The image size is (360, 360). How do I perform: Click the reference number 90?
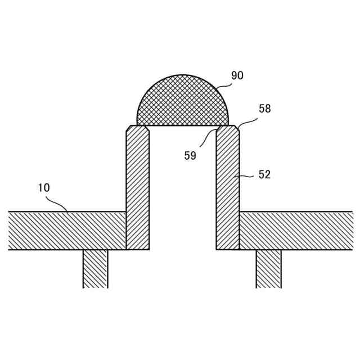tap(237, 75)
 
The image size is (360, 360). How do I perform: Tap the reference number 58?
tap(264, 109)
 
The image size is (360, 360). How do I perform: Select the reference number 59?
tap(190, 156)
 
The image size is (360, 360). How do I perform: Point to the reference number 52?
tap(264, 174)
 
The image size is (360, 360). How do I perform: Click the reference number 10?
tap(44, 188)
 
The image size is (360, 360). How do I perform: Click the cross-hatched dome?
tap(183, 104)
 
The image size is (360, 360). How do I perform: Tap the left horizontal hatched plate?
tap(67, 231)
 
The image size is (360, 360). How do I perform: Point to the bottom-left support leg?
tap(96, 269)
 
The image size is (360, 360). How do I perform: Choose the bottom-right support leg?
tap(269, 269)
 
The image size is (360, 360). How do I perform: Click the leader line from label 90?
tap(223, 86)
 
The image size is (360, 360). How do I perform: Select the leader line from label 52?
tap(247, 176)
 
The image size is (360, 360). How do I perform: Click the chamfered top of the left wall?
tap(138, 129)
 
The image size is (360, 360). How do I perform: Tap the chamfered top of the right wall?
tap(228, 129)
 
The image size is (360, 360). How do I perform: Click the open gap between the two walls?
tap(183, 191)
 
